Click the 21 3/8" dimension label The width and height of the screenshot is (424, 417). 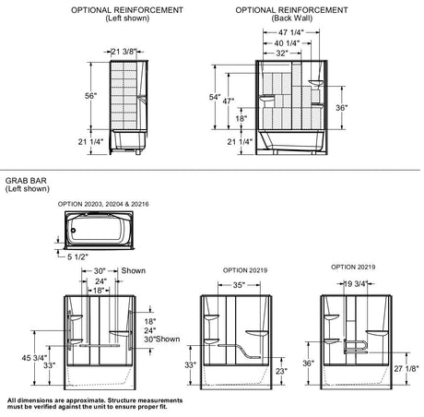coord(123,52)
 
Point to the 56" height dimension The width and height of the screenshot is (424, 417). coord(90,96)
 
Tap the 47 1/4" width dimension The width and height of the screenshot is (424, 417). coord(291,32)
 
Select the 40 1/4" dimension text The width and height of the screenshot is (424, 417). coord(287,43)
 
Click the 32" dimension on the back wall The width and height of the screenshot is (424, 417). coord(282,54)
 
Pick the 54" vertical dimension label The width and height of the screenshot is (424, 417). coord(215,97)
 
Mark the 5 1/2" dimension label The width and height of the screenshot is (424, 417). coord(77,256)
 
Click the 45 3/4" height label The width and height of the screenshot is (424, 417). coord(34,358)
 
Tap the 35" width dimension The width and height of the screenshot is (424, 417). coord(239,285)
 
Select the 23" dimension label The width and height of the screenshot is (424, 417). coord(281,371)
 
